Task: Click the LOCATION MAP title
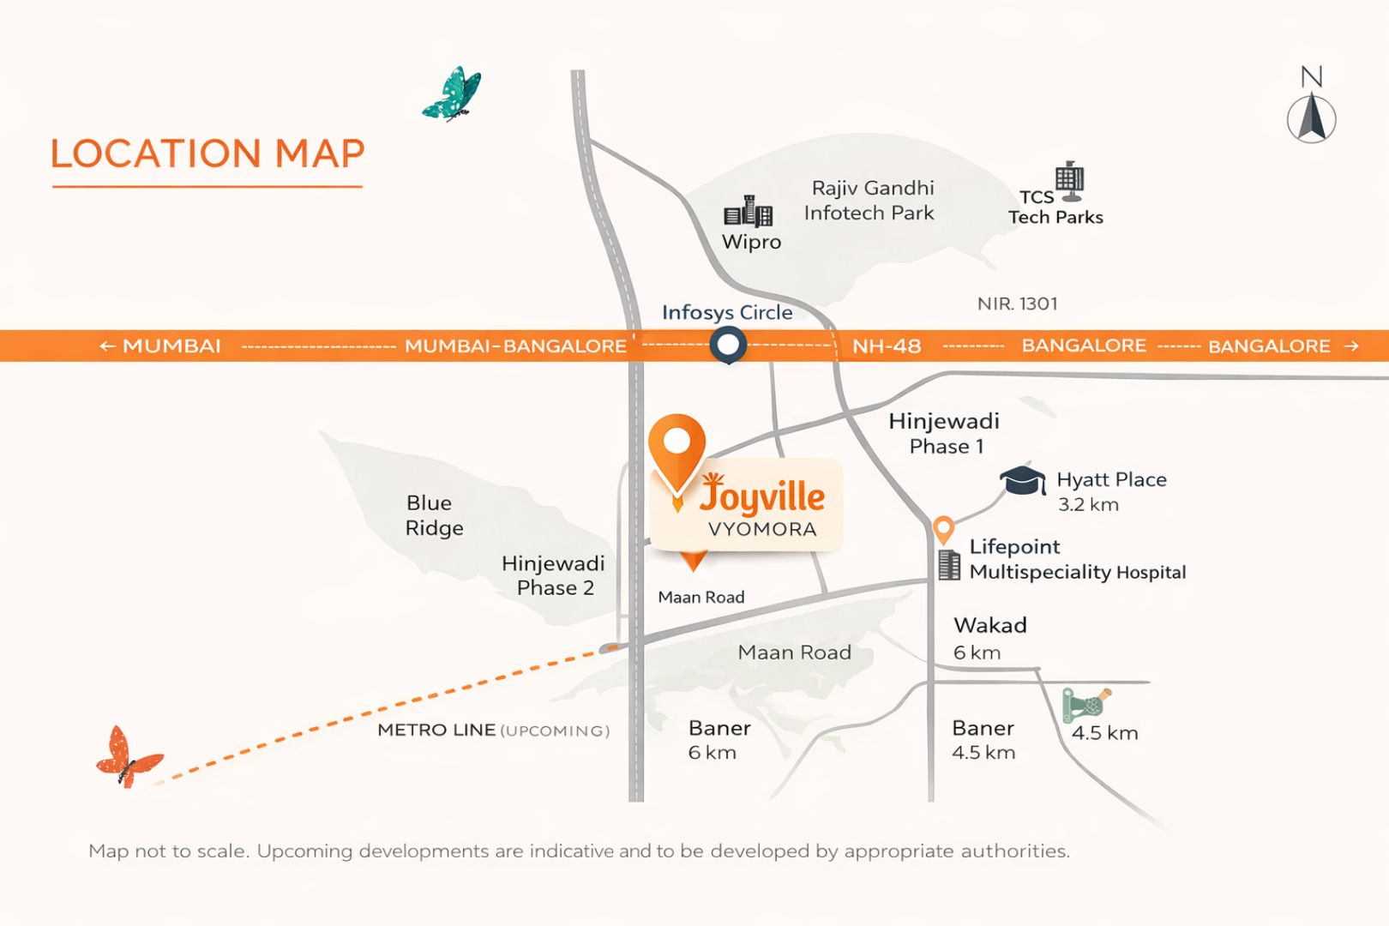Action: (x=207, y=154)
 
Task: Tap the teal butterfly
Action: (x=453, y=93)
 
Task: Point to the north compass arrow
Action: (x=1312, y=117)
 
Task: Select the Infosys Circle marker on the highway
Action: (x=728, y=346)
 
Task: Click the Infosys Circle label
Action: (x=726, y=312)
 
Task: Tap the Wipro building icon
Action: (x=748, y=211)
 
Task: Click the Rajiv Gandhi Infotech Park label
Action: (x=870, y=200)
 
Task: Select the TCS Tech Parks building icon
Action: (x=1069, y=179)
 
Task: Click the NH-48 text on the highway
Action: (x=887, y=346)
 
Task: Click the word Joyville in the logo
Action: (x=763, y=496)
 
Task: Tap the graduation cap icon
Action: (x=1023, y=481)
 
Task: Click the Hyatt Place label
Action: (x=1111, y=479)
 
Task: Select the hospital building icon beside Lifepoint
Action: (x=949, y=565)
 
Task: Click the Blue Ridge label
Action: (x=434, y=515)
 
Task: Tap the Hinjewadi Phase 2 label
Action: (x=554, y=575)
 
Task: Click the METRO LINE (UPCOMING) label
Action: (x=493, y=731)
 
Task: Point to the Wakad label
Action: (x=990, y=625)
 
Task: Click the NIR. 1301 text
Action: (x=1017, y=304)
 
